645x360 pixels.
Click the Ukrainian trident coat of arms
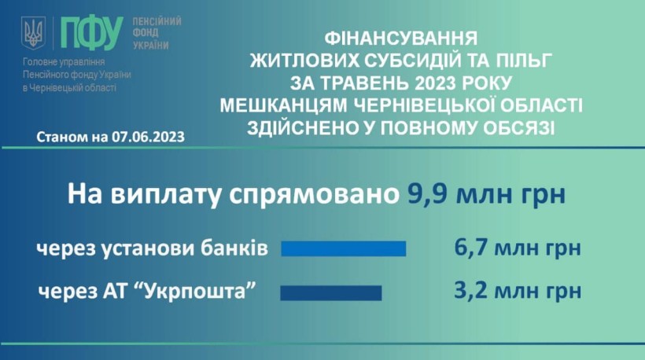[33, 33]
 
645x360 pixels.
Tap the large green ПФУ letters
[92, 34]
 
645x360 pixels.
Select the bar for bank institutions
[344, 248]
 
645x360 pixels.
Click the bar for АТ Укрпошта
[331, 293]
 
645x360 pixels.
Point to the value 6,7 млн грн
[518, 248]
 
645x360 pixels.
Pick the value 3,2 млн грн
[518, 291]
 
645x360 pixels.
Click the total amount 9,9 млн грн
[486, 194]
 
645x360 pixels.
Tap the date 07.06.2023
[148, 137]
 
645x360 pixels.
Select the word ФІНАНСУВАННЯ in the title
[401, 39]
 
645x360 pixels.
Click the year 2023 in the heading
[435, 83]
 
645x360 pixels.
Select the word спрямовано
[314, 195]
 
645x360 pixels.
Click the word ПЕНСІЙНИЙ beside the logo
[157, 21]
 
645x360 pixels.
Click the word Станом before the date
[61, 137]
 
